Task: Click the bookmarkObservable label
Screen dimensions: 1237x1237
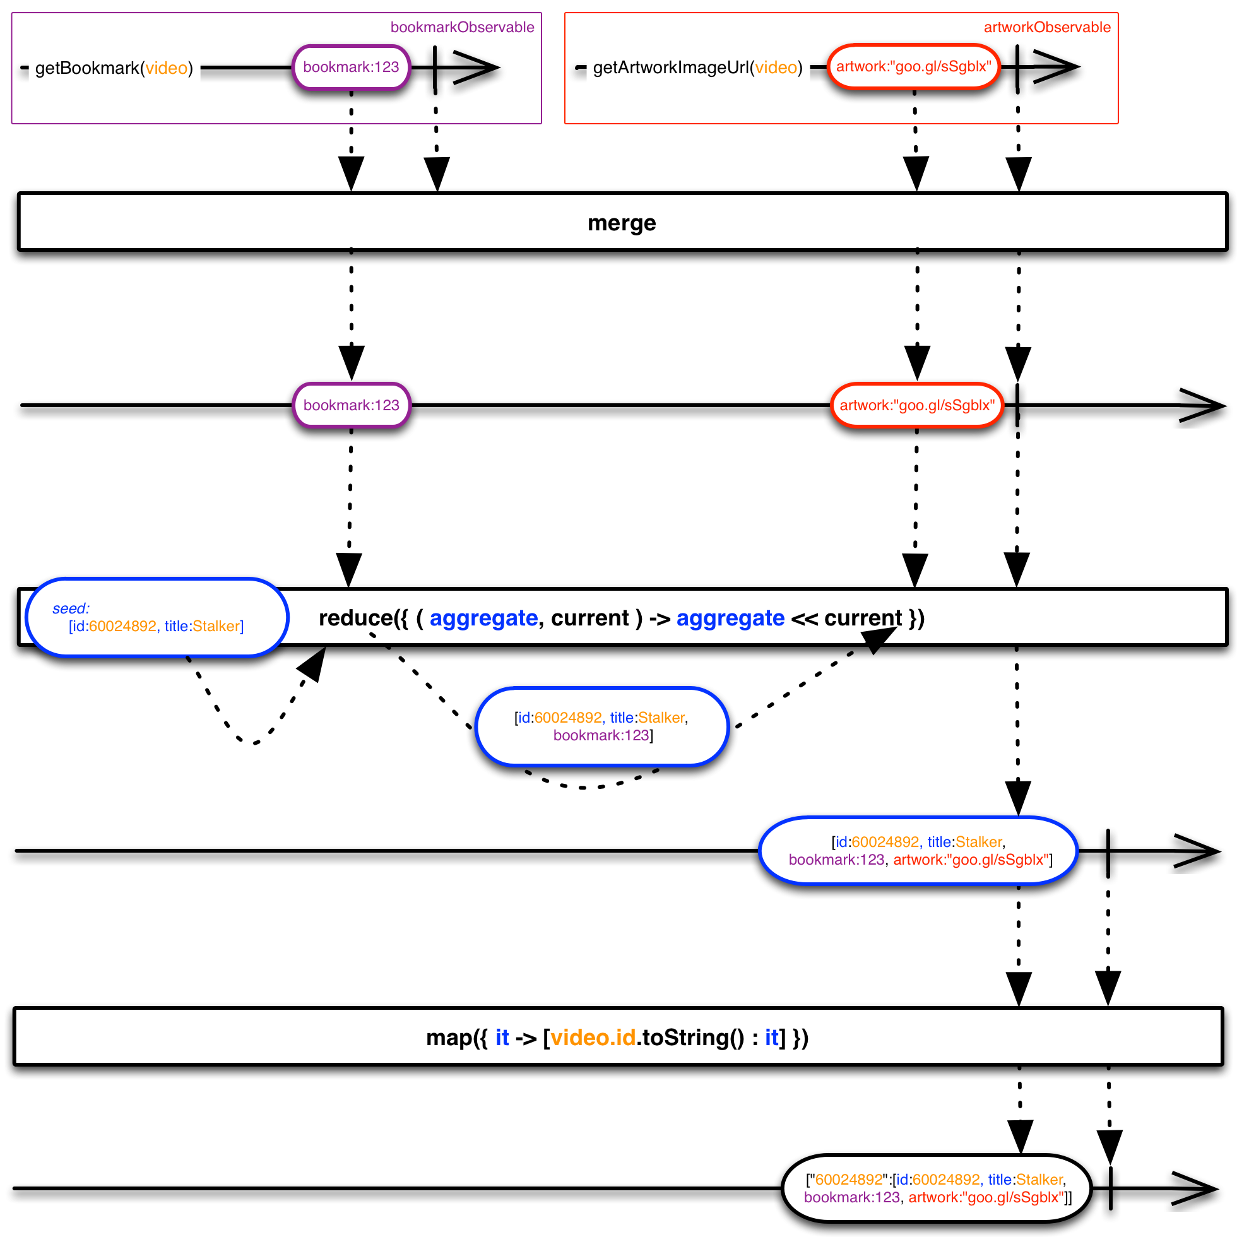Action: click(462, 27)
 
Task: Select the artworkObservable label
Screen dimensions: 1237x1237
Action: click(1047, 27)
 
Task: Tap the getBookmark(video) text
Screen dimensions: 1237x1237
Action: click(114, 68)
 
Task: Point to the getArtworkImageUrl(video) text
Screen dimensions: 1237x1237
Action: click(697, 68)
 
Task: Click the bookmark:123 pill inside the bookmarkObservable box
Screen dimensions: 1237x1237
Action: click(351, 68)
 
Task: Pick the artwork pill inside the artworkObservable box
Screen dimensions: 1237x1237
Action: click(914, 67)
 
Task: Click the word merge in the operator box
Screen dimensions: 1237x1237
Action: click(622, 223)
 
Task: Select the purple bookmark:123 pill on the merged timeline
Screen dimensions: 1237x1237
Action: click(351, 405)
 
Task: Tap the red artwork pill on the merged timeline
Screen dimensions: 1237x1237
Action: click(917, 405)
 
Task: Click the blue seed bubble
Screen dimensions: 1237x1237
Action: click(157, 618)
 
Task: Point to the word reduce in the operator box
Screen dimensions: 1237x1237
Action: click(355, 618)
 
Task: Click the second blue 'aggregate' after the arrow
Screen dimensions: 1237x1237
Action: click(731, 618)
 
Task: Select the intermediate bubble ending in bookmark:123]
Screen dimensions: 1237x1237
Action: click(602, 726)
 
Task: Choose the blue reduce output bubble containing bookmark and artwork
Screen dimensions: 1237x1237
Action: click(918, 851)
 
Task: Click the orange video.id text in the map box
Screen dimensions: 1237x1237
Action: click(593, 1037)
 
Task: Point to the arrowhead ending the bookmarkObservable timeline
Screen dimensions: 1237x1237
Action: click(476, 68)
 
